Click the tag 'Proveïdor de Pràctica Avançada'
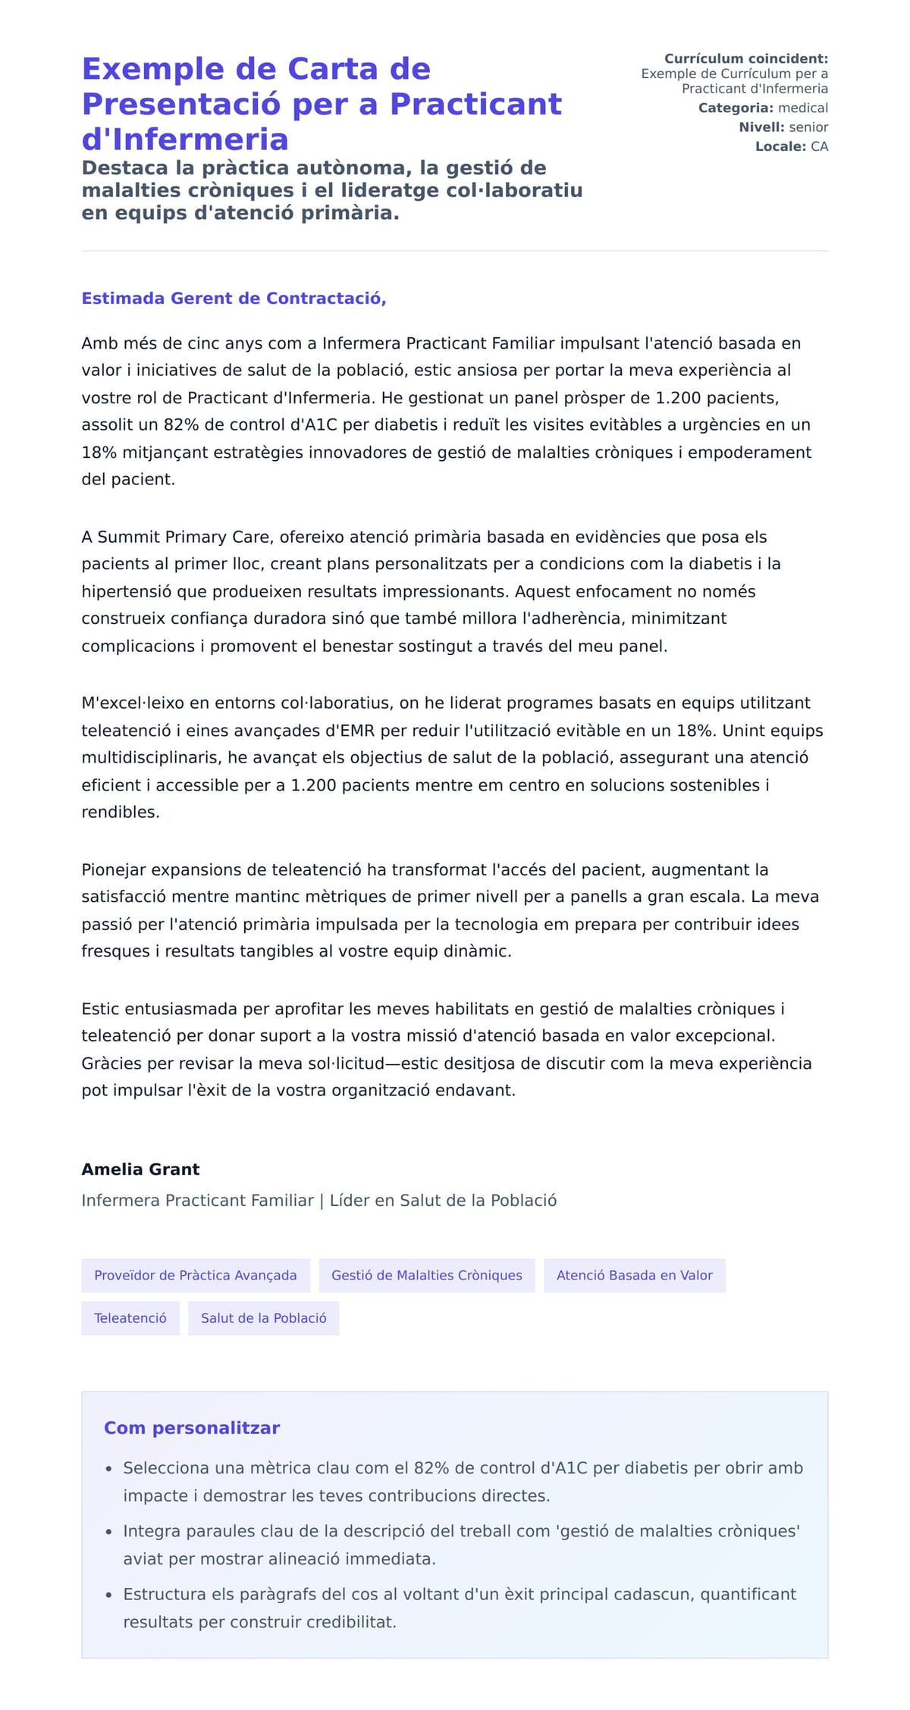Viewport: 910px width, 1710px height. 196,1275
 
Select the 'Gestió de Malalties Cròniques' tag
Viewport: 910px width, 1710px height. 427,1275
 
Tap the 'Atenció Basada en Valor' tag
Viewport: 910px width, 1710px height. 635,1275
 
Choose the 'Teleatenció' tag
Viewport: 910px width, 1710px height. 130,1318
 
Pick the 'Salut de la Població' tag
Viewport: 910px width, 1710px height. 264,1318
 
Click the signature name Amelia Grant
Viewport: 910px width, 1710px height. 140,1169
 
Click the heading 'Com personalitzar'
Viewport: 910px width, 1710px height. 192,1428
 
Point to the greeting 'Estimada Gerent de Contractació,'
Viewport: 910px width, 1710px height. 234,298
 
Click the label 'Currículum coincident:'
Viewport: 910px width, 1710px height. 746,58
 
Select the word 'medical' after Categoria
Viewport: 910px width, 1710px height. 803,108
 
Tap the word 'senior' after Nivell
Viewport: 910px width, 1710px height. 808,127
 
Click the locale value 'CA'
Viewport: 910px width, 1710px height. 820,146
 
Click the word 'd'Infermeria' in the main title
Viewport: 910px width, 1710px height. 185,139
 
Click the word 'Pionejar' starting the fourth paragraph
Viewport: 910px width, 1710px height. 114,869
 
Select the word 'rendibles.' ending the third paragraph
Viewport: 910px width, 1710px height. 121,812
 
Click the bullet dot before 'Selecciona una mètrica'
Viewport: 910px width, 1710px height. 109,1469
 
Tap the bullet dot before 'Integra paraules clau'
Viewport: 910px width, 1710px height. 109,1532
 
